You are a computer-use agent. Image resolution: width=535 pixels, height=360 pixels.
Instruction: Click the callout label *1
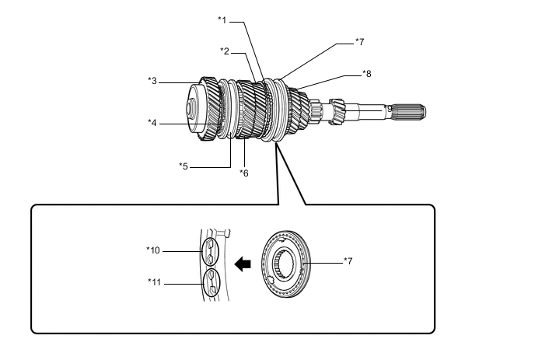click(x=222, y=20)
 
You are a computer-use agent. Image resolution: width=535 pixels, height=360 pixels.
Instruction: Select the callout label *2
click(x=225, y=51)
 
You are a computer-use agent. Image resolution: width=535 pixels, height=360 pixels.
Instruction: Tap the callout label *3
click(x=152, y=81)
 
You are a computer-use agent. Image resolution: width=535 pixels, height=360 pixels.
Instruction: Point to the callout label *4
click(x=152, y=123)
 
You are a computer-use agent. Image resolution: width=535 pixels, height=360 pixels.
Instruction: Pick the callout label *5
click(x=184, y=166)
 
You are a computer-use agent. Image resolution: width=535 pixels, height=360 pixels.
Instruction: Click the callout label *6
click(x=244, y=173)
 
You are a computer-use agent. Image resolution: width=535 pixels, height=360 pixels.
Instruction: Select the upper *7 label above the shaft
click(x=359, y=42)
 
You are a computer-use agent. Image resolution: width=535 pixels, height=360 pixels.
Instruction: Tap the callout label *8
click(x=367, y=73)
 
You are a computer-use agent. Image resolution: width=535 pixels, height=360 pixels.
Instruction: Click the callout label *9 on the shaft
click(x=388, y=109)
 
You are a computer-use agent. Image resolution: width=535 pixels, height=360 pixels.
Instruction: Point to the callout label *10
click(x=153, y=250)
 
